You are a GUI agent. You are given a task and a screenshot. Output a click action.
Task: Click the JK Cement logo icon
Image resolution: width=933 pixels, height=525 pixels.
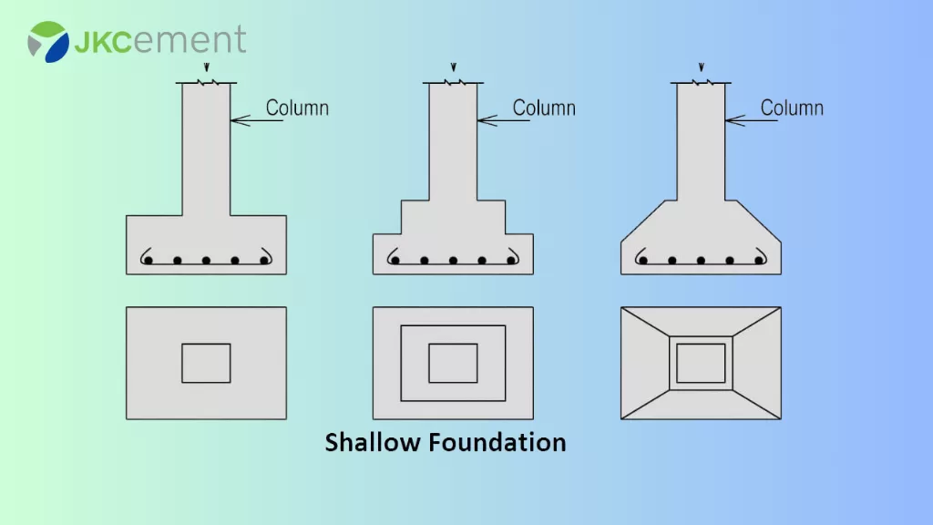tap(48, 41)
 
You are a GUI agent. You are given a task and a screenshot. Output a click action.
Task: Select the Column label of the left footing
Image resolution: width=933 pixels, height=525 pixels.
tap(297, 108)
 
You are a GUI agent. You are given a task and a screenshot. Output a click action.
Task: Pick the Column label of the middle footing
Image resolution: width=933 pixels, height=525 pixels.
tap(544, 108)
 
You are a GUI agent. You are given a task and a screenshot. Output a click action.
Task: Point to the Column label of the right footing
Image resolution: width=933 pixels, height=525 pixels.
tap(792, 108)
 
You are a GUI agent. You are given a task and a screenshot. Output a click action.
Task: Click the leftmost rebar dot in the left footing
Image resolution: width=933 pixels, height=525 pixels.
tap(149, 261)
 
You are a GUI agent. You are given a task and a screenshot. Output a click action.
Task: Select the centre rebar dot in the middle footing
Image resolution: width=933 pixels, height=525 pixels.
tap(453, 261)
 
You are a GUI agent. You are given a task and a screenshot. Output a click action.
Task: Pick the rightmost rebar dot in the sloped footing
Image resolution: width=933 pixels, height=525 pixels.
tap(759, 261)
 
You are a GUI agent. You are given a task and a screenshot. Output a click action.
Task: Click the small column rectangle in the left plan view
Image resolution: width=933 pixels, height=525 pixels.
tap(206, 363)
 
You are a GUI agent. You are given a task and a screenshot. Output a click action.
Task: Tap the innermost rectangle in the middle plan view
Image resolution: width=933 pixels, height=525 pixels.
tap(453, 363)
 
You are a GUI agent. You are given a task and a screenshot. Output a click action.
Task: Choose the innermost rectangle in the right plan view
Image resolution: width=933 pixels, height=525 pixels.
tap(701, 363)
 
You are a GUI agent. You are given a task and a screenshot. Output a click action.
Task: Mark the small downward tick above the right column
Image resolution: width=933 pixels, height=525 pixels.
tap(701, 67)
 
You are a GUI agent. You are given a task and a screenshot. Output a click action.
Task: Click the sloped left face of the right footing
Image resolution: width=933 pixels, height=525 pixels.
tap(648, 221)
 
